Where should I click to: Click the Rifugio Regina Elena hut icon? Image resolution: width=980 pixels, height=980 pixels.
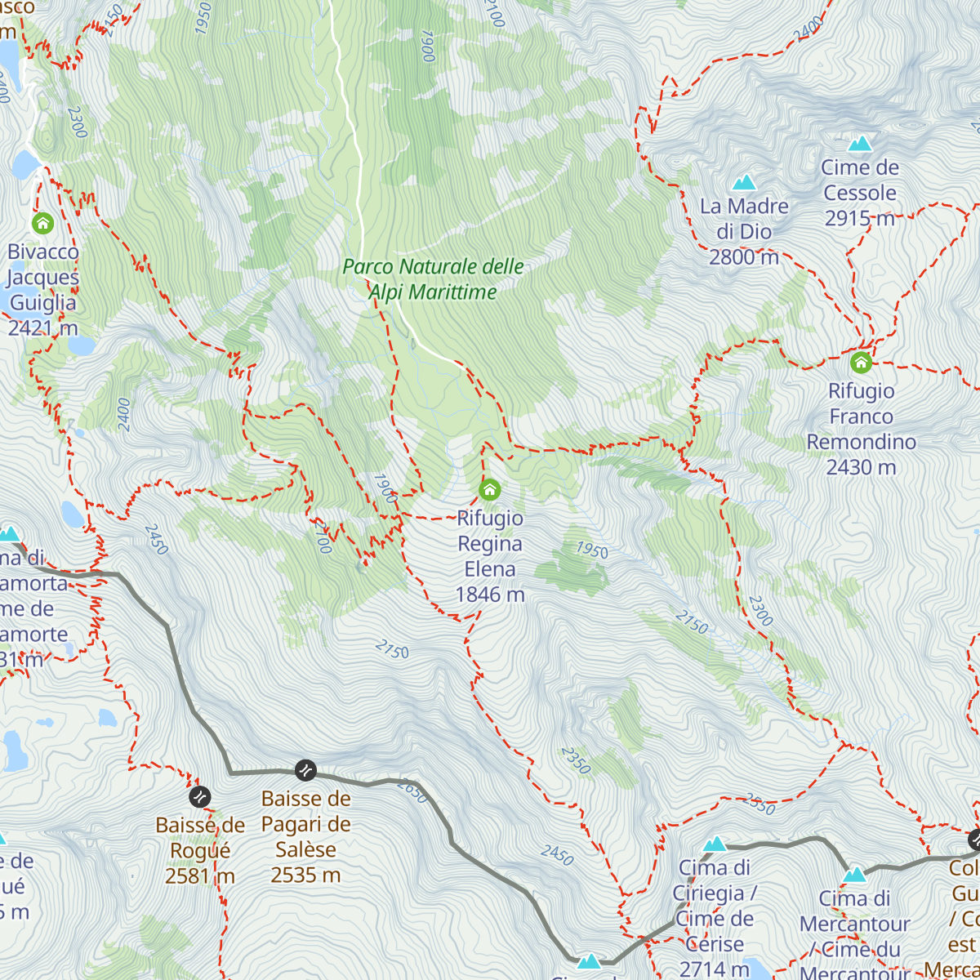489,490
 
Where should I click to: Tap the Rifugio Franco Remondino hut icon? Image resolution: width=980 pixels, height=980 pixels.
861,362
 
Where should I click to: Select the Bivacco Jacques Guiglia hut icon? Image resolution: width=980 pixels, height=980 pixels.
42,223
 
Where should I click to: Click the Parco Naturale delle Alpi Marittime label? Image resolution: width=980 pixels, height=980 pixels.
433,279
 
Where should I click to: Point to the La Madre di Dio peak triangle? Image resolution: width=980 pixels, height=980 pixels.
744,182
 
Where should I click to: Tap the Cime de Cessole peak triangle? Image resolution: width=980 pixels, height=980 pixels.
859,145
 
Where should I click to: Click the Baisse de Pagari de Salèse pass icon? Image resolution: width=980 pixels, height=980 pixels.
305,769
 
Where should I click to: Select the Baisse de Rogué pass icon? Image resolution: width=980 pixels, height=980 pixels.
199,796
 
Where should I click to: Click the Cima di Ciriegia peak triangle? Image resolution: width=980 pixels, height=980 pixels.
715,844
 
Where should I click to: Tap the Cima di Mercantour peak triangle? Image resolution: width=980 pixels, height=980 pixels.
854,875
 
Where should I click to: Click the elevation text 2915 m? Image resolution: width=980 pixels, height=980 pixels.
859,219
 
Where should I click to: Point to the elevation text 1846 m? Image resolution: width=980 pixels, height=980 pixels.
489,595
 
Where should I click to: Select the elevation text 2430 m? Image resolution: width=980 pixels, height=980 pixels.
861,467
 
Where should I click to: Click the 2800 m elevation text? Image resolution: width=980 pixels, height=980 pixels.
743,257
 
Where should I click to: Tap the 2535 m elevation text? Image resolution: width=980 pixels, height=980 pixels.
305,875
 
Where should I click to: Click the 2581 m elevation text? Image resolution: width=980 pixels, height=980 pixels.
199,876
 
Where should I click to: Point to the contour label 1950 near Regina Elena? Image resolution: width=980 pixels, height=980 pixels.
591,550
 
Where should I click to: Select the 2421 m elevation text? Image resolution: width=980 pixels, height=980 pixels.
42,328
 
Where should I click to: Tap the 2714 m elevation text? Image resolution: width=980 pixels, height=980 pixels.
714,969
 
